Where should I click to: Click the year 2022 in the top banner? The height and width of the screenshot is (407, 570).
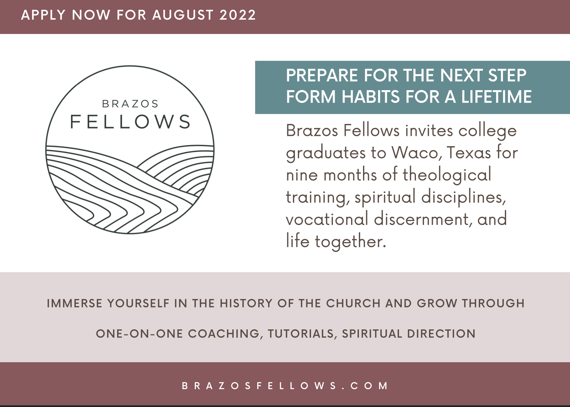pyautogui.click(x=238, y=15)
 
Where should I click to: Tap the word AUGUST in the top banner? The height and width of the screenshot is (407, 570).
pyautogui.click(x=183, y=15)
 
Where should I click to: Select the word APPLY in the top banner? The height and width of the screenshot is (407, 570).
pyautogui.click(x=43, y=15)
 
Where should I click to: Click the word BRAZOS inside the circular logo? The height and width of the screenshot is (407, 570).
pyautogui.click(x=130, y=104)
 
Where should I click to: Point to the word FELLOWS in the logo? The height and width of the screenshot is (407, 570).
pyautogui.click(x=130, y=122)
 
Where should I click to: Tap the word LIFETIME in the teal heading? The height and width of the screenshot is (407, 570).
pyautogui.click(x=496, y=96)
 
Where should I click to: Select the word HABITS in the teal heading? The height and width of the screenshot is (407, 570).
pyautogui.click(x=371, y=96)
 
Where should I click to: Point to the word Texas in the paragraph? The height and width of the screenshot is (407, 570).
pyautogui.click(x=469, y=153)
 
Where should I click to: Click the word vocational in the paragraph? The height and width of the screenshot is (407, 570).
pyautogui.click(x=327, y=219)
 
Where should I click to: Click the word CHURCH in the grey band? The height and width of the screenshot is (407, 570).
pyautogui.click(x=353, y=303)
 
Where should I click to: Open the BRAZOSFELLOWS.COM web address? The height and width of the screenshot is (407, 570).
pyautogui.click(x=285, y=386)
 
